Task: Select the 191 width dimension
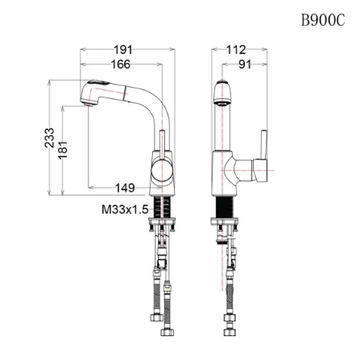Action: click(122, 50)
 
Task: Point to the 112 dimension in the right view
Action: click(235, 50)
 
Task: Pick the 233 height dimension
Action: click(50, 138)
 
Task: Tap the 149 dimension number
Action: click(125, 188)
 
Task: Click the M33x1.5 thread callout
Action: click(125, 209)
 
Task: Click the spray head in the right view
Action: click(221, 94)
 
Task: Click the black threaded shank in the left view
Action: click(163, 206)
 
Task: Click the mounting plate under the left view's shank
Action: click(163, 226)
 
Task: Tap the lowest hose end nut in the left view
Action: click(168, 332)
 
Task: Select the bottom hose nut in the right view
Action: click(229, 331)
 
